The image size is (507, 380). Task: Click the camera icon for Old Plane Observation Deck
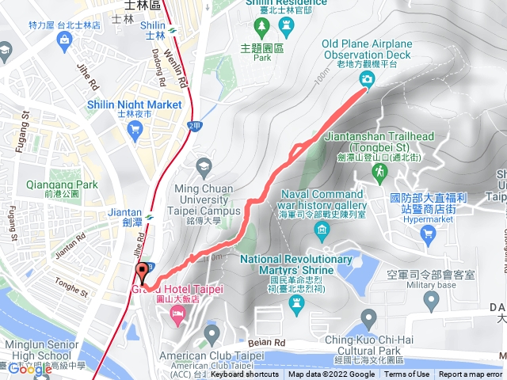point(367,79)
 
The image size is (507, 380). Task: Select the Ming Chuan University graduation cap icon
point(204,165)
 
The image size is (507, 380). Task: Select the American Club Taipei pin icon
point(210,336)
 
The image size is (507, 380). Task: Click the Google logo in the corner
point(30,368)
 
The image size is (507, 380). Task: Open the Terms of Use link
point(407,374)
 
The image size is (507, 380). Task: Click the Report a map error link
point(471,374)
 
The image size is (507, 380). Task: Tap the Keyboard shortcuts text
point(244,374)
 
